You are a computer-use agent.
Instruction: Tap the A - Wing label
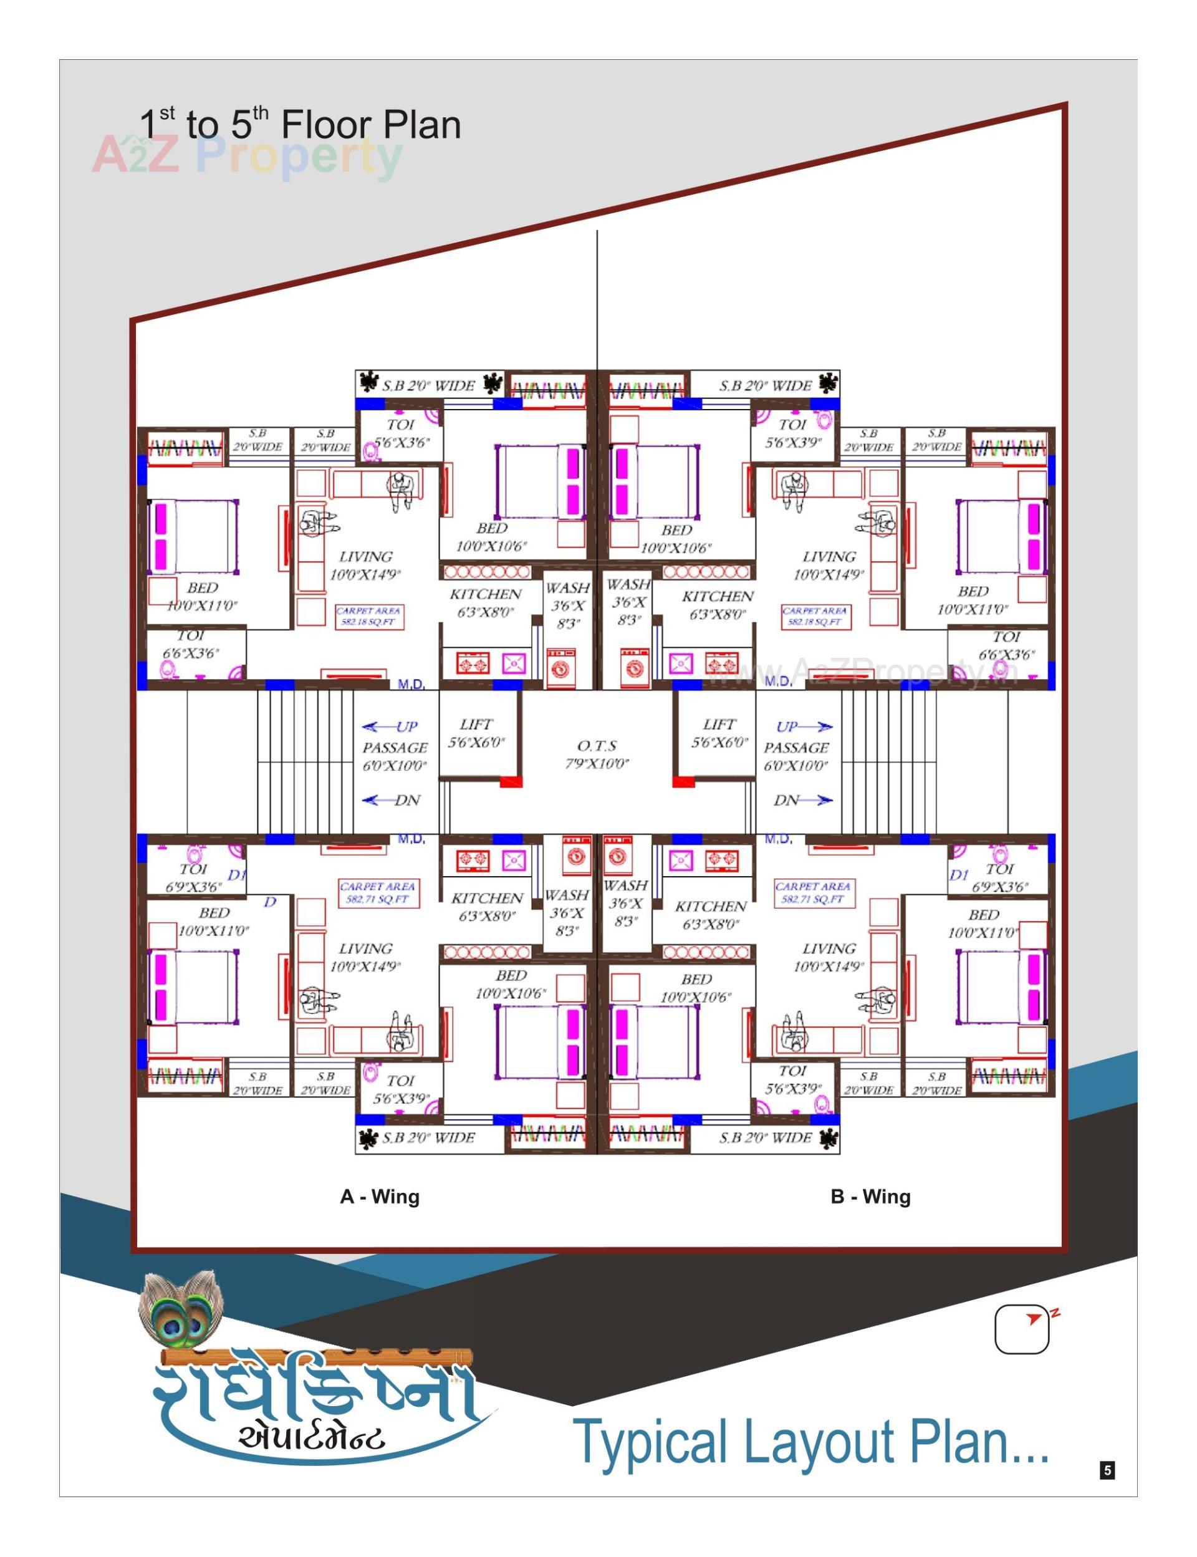[x=379, y=1197]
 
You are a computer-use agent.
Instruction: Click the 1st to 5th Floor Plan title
[x=299, y=124]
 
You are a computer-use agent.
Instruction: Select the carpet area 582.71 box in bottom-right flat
[x=813, y=893]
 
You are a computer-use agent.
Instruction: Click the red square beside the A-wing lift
[x=510, y=782]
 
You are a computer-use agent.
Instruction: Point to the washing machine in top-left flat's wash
[x=562, y=668]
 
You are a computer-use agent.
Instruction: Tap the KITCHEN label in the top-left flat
[x=486, y=594]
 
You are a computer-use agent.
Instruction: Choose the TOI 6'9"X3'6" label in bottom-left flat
[x=194, y=878]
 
